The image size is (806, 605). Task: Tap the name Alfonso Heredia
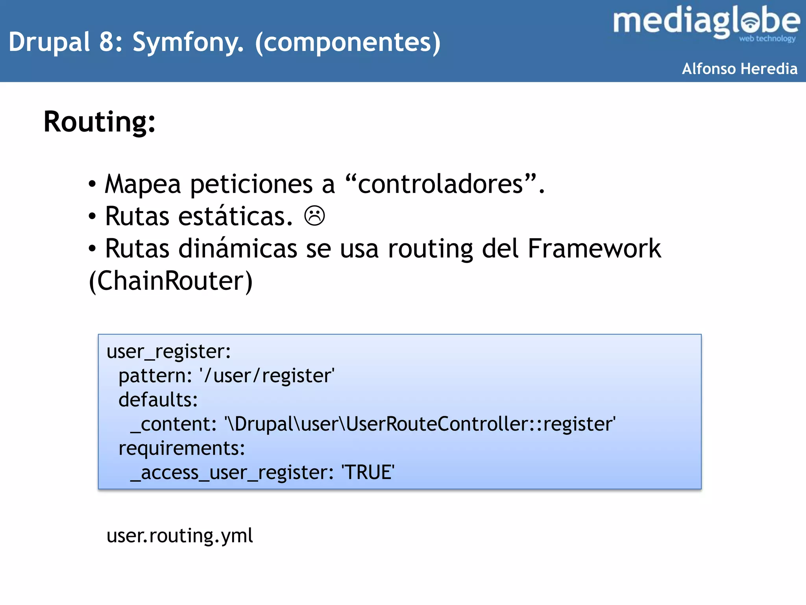click(x=739, y=69)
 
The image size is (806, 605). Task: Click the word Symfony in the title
click(x=187, y=42)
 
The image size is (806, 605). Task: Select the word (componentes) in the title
click(x=348, y=42)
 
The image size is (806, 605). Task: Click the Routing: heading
click(x=100, y=122)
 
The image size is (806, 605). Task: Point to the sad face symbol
click(x=314, y=216)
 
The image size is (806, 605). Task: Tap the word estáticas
click(x=235, y=216)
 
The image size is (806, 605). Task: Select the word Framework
click(x=594, y=249)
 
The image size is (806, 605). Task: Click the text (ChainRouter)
click(x=171, y=281)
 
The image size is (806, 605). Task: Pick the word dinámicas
click(x=238, y=249)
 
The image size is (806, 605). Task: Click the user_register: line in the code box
click(x=168, y=351)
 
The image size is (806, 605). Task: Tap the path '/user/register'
click(x=267, y=376)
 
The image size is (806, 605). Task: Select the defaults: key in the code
click(x=158, y=400)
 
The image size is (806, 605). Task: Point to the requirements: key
click(x=182, y=448)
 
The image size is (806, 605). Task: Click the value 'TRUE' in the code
click(x=368, y=472)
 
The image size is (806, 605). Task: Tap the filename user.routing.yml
click(x=179, y=536)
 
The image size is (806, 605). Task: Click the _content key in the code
click(x=174, y=424)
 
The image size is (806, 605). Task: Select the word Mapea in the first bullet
click(x=143, y=184)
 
